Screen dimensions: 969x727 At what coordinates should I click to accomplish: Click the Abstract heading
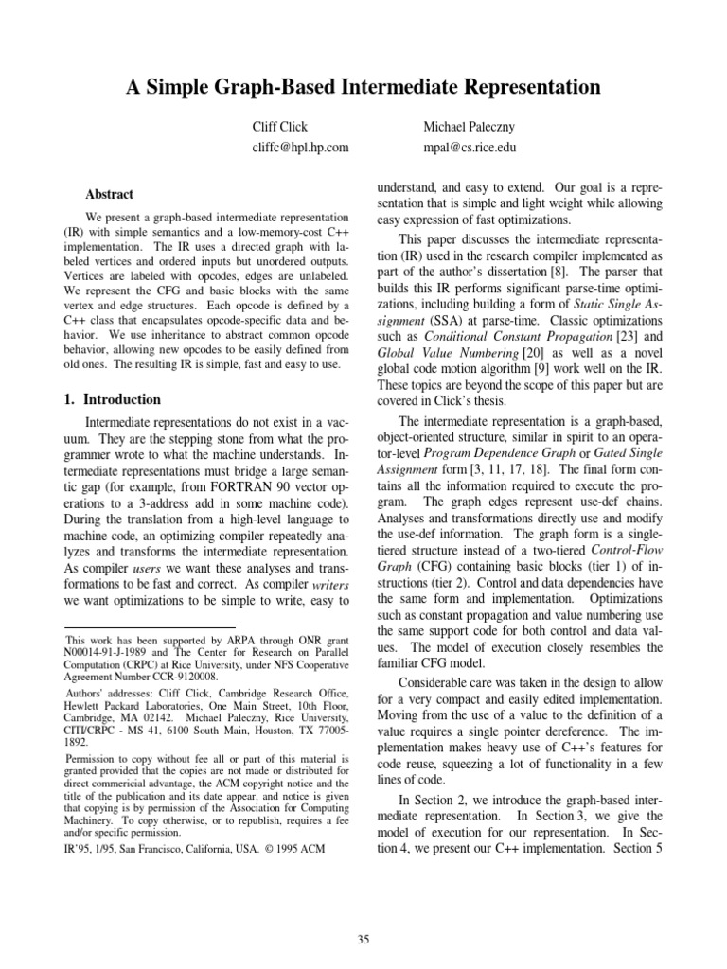click(110, 193)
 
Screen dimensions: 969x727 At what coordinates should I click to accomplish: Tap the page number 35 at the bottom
click(363, 939)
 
